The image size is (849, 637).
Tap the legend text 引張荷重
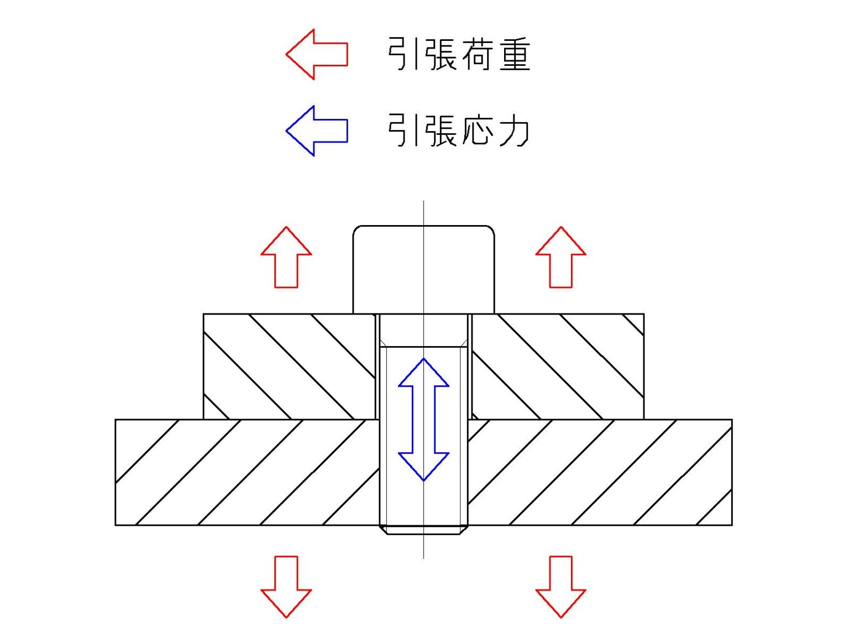click(459, 54)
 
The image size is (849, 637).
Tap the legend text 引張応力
click(459, 130)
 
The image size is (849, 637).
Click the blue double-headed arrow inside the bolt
click(423, 419)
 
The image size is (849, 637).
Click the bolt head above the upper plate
click(423, 269)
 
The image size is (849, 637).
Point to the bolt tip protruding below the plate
click(423, 530)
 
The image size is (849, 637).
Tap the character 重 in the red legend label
click(515, 54)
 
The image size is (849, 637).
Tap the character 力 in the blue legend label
click(513, 130)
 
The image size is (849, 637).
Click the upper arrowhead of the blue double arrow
click(423, 374)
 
